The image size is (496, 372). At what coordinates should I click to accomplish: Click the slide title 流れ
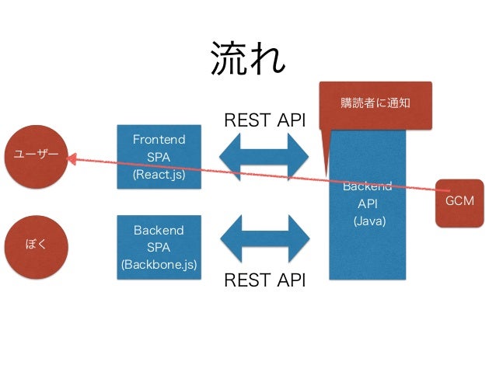point(248,59)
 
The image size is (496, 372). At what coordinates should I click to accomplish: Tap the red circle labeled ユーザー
point(36,157)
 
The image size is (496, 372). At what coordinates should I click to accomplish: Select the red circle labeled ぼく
point(36,247)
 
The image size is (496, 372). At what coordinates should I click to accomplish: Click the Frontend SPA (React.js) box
point(159,157)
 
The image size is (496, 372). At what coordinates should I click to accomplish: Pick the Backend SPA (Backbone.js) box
point(159,248)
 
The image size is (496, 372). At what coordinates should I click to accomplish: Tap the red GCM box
point(459,203)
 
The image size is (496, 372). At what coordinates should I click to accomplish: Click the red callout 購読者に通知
point(375,106)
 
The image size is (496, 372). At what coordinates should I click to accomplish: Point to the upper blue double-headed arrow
point(264,157)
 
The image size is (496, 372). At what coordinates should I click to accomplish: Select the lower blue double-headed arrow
point(265,239)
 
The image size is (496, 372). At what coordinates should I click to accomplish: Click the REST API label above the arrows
point(265,120)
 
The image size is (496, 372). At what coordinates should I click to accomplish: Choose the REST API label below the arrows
point(265,280)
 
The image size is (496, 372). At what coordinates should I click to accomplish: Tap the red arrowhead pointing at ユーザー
point(72,159)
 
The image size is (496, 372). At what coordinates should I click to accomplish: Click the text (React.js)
point(159,175)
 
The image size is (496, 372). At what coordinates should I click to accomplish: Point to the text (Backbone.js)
point(159,265)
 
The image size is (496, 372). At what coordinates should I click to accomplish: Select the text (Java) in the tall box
point(369,221)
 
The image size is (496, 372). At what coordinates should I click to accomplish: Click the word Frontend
point(159,139)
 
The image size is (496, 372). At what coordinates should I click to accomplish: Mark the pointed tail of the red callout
point(326,175)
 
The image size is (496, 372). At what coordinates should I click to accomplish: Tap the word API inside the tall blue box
point(368,203)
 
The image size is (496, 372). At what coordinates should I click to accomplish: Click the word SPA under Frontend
point(159,157)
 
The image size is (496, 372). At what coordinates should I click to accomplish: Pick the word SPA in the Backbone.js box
point(159,247)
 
